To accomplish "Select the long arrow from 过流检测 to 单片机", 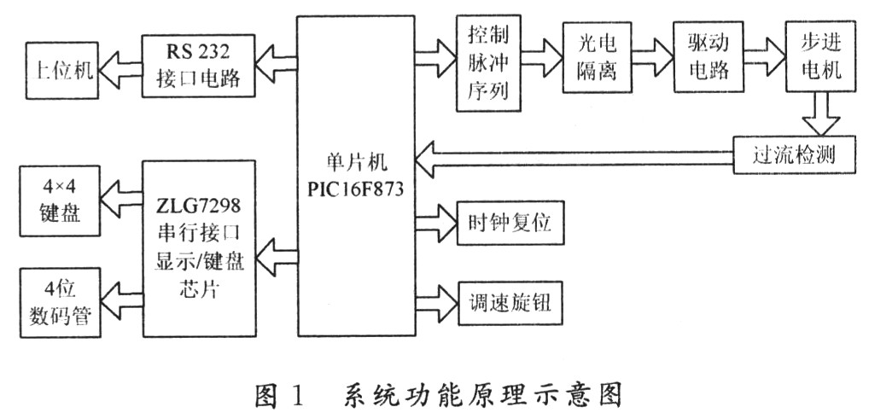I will [x=572, y=155].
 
